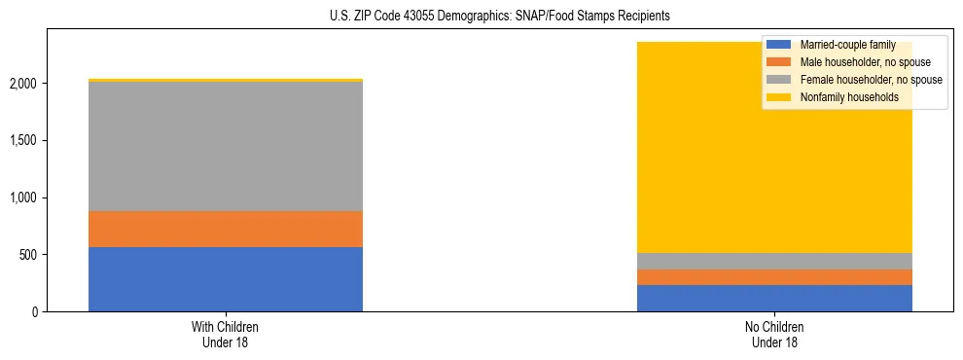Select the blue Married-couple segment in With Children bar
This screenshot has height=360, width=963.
(225, 279)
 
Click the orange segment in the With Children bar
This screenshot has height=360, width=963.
(225, 229)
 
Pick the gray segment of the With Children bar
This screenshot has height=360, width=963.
(225, 146)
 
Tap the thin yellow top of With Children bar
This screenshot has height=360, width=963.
(225, 80)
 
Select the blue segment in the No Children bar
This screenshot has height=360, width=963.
(774, 298)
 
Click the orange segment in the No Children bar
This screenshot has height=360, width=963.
(774, 276)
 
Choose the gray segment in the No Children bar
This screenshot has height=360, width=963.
(774, 261)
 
